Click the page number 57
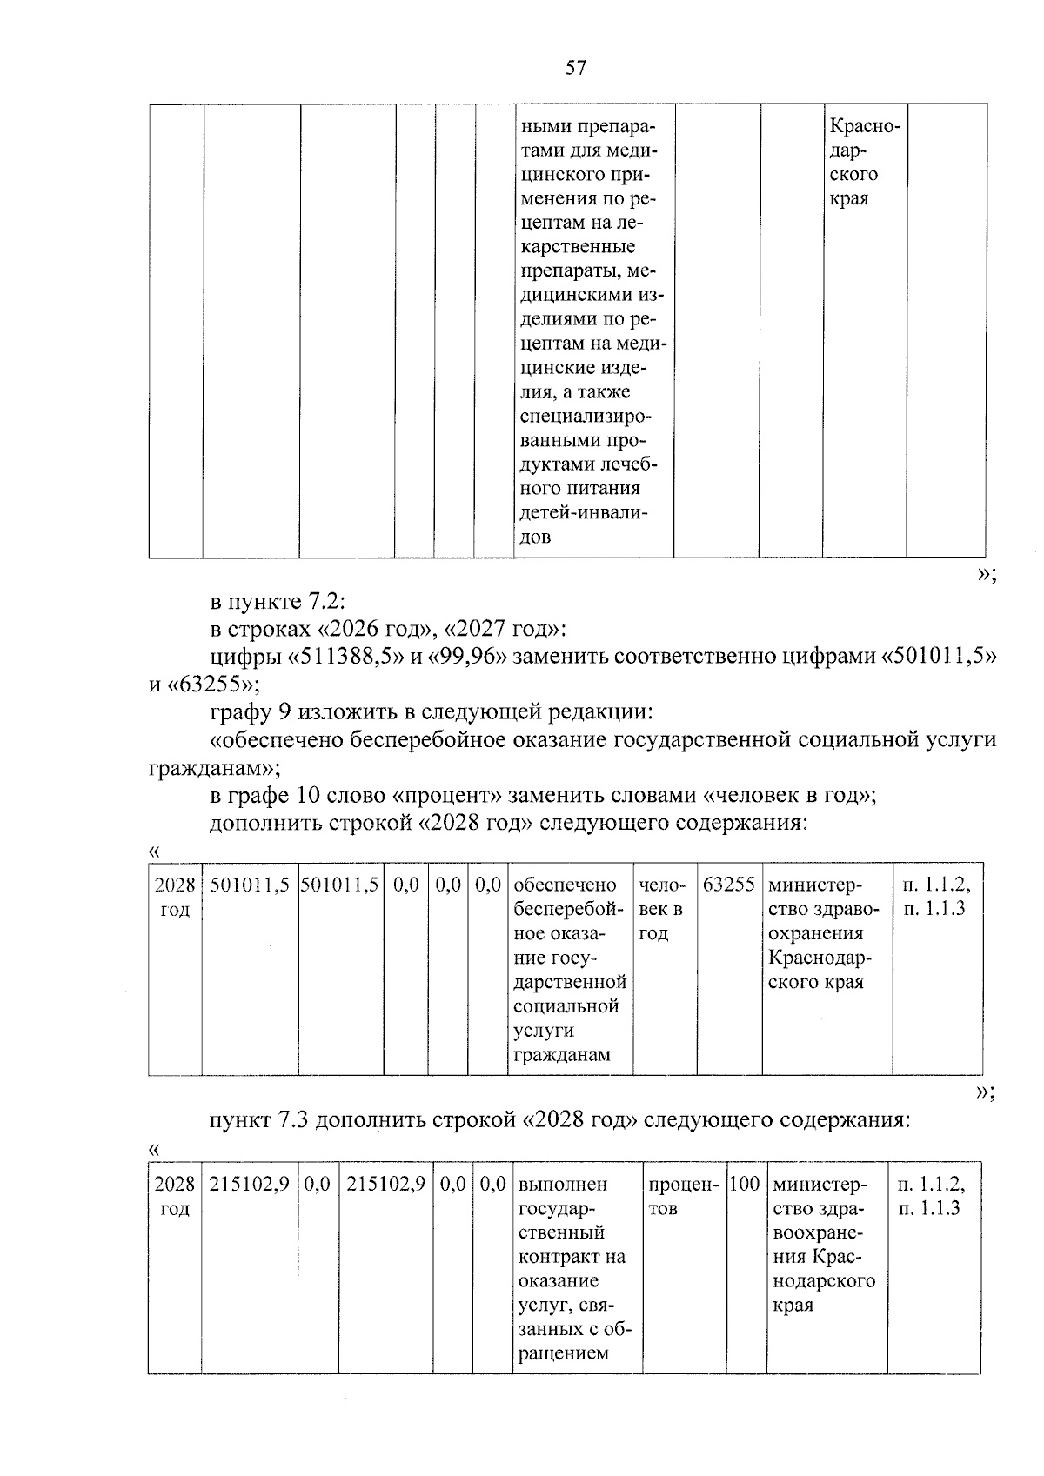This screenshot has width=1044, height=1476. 575,68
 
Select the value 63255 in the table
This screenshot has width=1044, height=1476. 728,885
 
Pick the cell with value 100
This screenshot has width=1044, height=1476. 745,1184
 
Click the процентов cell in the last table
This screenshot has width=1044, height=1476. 683,1196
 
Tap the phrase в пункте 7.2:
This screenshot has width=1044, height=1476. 278,602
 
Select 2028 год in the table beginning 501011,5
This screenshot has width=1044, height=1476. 175,897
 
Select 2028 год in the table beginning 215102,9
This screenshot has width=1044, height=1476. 175,1196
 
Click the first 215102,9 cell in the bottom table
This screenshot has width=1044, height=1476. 249,1184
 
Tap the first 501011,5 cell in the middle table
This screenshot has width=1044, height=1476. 249,885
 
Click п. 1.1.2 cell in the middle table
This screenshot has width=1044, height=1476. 936,885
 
